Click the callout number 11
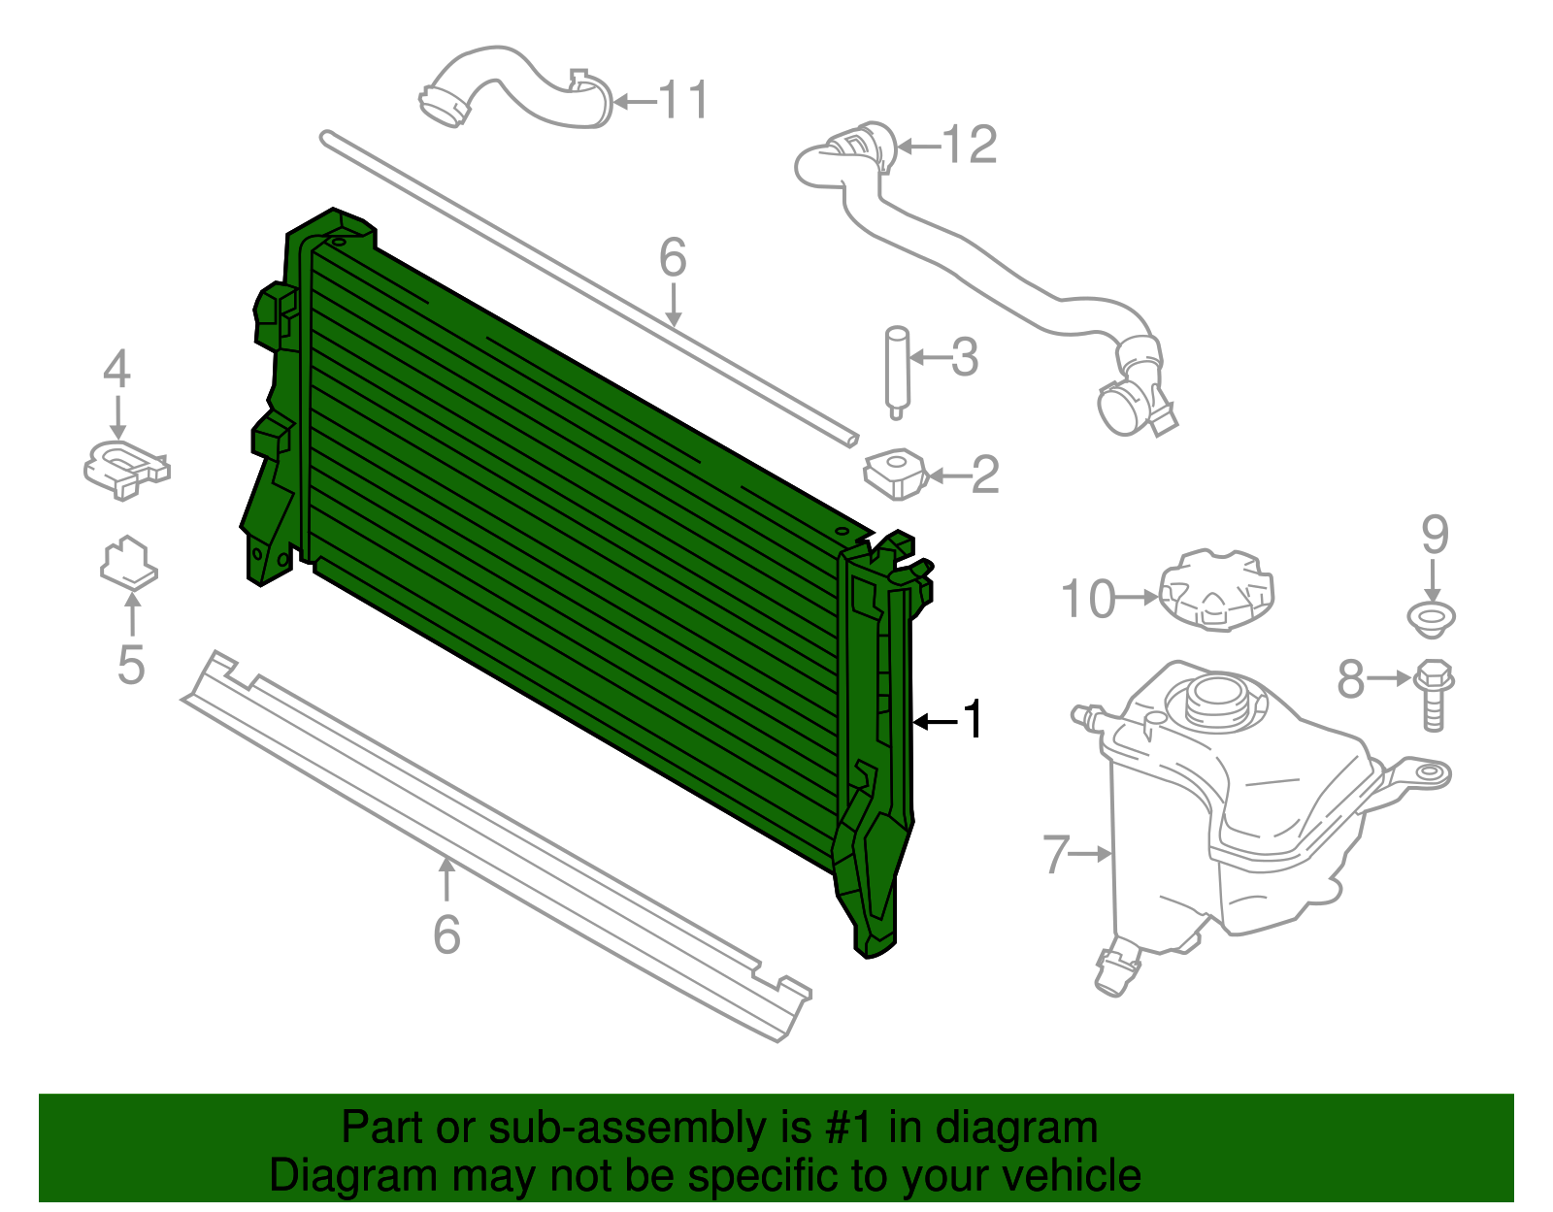684,100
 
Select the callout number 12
971,146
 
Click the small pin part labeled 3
896,372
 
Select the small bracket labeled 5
128,563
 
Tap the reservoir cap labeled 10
1215,590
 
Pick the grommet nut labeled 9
1432,618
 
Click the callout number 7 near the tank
1056,854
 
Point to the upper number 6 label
673,258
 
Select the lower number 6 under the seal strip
446,934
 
